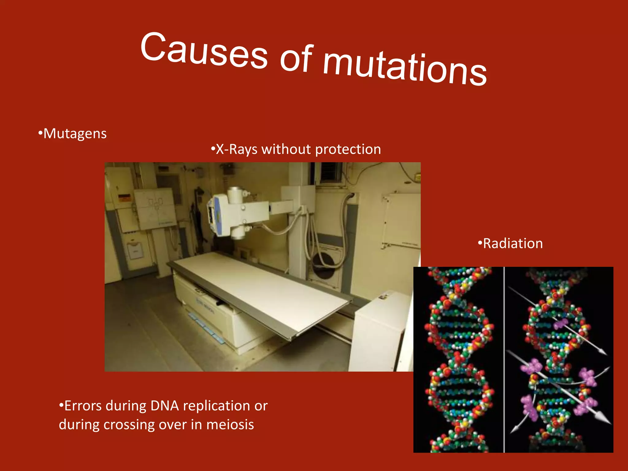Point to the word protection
[348, 149]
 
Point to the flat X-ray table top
[261, 291]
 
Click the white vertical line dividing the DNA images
[504, 359]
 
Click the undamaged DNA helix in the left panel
[458, 359]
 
